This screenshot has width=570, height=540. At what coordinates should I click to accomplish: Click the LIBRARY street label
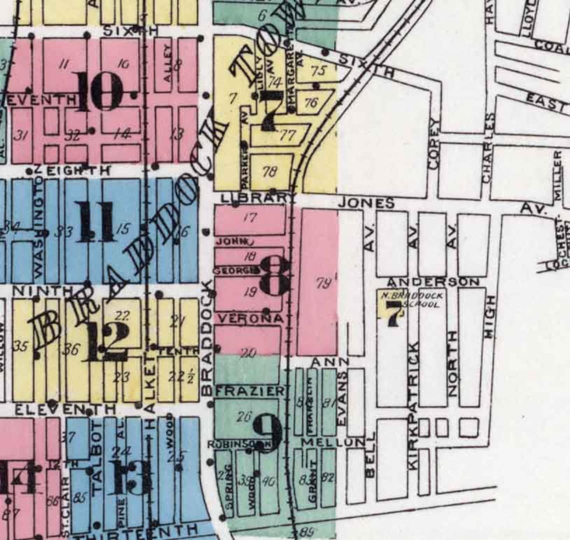(x=254, y=198)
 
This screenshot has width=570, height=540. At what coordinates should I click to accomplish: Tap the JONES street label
(x=366, y=203)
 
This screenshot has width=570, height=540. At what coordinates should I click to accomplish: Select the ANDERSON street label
(x=433, y=282)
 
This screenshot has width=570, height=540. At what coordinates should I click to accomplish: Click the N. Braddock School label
(x=412, y=299)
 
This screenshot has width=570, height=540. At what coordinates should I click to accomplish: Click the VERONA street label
(x=250, y=318)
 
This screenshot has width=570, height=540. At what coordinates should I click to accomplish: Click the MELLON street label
(x=333, y=442)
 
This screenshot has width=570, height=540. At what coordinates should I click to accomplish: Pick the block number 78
(x=269, y=171)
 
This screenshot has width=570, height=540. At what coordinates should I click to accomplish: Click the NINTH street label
(x=42, y=290)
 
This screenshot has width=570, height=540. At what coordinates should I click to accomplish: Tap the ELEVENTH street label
(x=65, y=410)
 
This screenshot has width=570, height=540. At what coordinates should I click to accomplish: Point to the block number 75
(x=318, y=70)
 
